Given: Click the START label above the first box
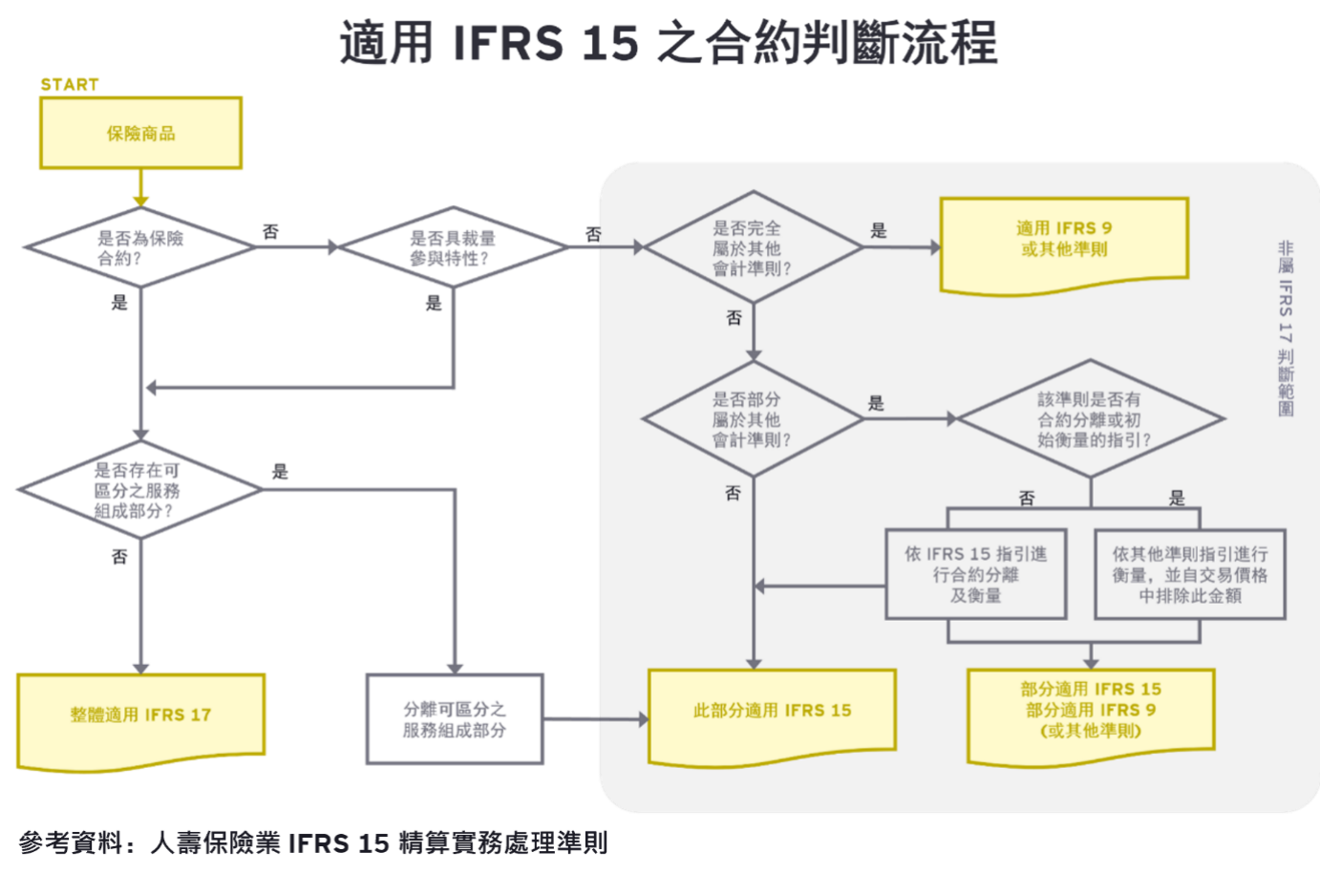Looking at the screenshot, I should click(70, 85).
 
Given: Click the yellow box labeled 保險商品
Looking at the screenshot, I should click(140, 134).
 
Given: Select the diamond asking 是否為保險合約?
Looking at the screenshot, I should click(140, 248).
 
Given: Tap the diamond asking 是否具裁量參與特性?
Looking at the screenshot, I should click(453, 248).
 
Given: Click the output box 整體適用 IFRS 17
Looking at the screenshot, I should click(140, 716).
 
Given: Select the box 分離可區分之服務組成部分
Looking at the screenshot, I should click(455, 719).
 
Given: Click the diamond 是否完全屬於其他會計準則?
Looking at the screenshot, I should click(753, 248).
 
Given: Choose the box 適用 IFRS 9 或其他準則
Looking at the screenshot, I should click(1064, 241).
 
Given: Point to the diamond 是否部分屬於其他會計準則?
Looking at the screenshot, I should click(753, 419).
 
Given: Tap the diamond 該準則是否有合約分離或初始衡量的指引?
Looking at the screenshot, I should click(1091, 419).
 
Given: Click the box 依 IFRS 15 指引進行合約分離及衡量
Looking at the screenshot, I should click(975, 575).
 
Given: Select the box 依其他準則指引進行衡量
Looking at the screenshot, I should click(1189, 575).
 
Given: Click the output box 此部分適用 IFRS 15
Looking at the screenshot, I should click(772, 713).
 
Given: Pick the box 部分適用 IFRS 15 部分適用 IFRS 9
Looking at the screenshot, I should click(1091, 712).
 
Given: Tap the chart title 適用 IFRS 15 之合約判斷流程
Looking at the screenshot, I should click(669, 43).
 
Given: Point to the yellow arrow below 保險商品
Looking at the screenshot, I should click(141, 189).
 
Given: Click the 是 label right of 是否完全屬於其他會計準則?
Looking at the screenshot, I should click(879, 230).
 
